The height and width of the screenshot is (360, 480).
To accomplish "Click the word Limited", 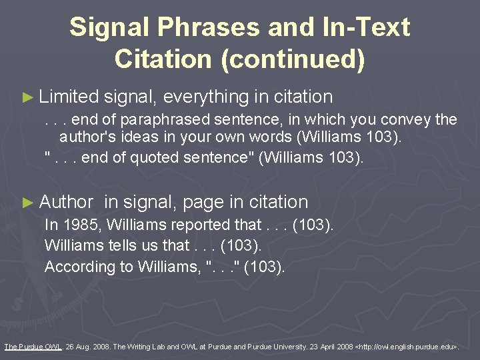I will [69, 97].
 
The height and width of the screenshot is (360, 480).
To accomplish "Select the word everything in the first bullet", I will [205, 97].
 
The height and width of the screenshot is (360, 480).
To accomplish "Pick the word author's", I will [88, 138].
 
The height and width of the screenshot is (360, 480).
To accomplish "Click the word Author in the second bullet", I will [67, 201].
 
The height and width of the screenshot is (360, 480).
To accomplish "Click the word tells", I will [117, 245].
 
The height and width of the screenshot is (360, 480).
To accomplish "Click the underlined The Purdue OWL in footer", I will [31, 347].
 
